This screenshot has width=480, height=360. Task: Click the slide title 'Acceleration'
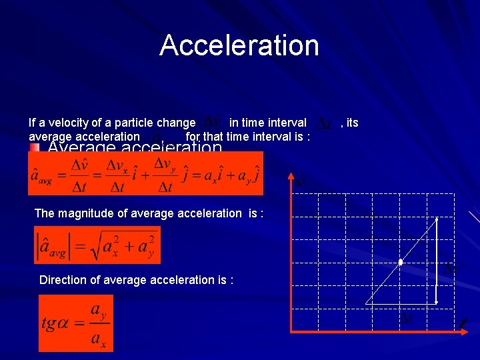pos(239,45)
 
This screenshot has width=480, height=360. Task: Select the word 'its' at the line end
pos(353,123)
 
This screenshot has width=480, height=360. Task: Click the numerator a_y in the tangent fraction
pos(97,310)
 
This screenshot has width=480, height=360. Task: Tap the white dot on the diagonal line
pos(400,263)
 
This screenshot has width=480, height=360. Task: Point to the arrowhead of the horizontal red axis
pos(463,331)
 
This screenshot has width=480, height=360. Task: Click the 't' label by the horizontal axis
pos(463,323)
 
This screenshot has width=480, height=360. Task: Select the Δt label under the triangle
pos(406,319)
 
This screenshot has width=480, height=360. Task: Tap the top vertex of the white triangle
pos(436,219)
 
